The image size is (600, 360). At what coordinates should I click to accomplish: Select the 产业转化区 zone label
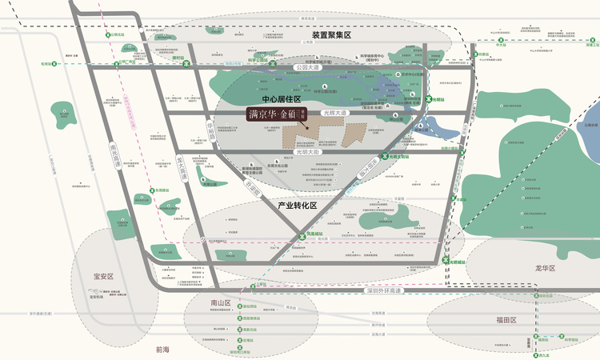coord(296,206)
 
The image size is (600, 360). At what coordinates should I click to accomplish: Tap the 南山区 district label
coord(221,303)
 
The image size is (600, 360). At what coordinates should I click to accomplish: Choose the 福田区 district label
coord(506,320)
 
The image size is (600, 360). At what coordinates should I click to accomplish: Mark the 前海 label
coord(164,350)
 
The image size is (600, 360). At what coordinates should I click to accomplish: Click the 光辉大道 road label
coord(334,114)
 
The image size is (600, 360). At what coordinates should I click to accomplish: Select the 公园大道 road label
coord(307,68)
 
